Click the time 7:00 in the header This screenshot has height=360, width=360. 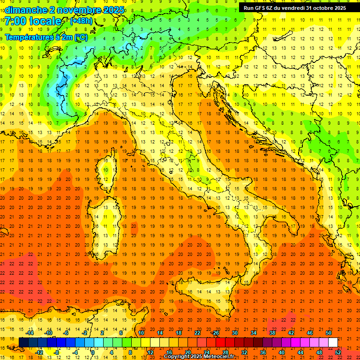coord(15,22)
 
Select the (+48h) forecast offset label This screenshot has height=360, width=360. coord(81,21)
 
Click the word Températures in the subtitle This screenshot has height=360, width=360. coord(29,37)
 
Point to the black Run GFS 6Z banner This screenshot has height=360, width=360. coord(294,7)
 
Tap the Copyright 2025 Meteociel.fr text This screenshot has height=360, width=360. coord(199,357)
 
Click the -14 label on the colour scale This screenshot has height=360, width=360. coord(30,333)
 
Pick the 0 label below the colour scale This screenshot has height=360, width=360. coord(93,352)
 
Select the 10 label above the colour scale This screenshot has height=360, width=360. coord(141,333)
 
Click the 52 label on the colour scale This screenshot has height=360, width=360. coord(338,352)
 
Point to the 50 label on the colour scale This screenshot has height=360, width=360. coord(329,333)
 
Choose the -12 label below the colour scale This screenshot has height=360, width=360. coord(39,352)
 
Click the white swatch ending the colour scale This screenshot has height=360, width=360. coord(333,342)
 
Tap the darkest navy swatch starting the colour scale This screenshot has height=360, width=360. coord(23,342)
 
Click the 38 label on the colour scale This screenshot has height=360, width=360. coord(272,333)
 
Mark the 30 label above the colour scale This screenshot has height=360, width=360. coord(235,333)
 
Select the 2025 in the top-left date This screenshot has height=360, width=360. coord(114,10)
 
